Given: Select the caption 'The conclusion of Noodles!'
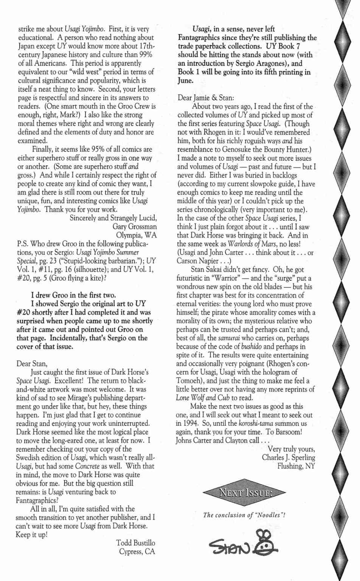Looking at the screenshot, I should (x=244, y=515).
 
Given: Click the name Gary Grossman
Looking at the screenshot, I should (x=134, y=226).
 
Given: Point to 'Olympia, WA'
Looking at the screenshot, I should (x=136, y=235).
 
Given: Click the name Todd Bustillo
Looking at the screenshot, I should (x=135, y=543).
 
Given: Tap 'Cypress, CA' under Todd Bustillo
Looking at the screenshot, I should (x=137, y=552).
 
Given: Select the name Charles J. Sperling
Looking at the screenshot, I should (x=288, y=457).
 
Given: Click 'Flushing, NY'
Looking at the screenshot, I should (x=296, y=466).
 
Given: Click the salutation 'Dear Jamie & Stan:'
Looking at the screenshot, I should (x=206, y=98).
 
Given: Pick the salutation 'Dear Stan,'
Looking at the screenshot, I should (x=32, y=364).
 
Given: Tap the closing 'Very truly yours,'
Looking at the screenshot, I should (x=291, y=449).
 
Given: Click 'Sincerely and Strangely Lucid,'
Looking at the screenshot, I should (x=113, y=218).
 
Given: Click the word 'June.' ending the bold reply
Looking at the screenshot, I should (x=185, y=81).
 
